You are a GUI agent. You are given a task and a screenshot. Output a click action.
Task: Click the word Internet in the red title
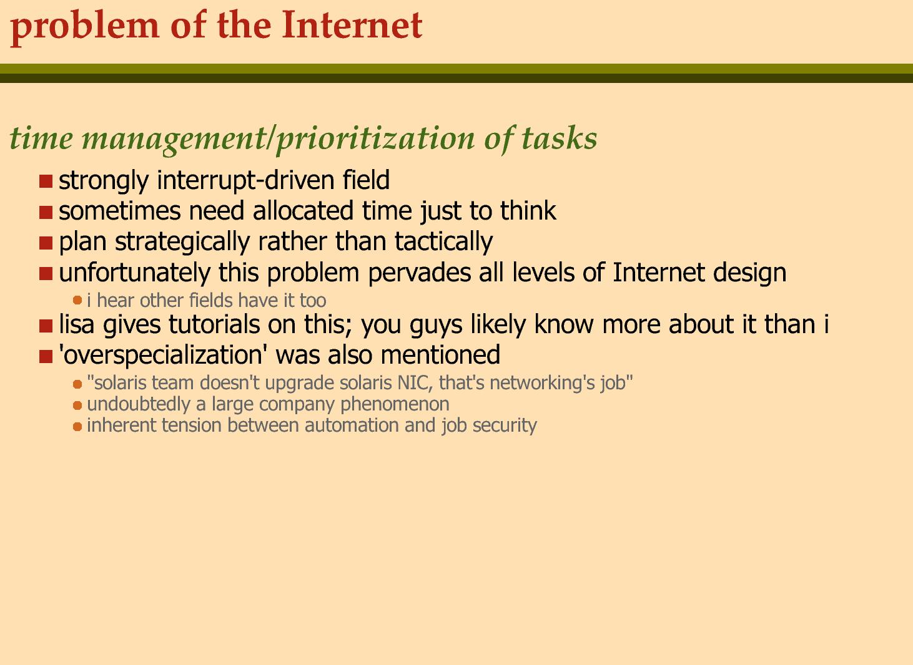coord(352,25)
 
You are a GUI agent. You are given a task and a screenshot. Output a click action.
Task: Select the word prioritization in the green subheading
coord(375,139)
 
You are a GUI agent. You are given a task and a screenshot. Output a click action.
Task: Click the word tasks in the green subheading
coord(559,138)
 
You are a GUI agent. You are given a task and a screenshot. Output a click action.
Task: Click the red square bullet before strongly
coord(46,181)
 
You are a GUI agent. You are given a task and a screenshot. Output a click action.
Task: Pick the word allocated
coord(303,210)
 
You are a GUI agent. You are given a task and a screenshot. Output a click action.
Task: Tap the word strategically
coord(182,242)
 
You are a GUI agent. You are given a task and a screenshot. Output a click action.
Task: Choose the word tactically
coord(444,242)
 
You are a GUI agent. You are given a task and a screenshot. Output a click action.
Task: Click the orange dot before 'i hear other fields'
coord(77,301)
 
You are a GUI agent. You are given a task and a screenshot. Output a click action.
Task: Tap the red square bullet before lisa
coord(46,326)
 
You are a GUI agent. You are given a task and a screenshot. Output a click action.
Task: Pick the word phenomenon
coord(395,405)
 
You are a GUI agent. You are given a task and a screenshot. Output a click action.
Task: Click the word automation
coord(350,425)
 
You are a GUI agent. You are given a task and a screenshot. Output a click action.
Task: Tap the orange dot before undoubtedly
coord(77,405)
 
